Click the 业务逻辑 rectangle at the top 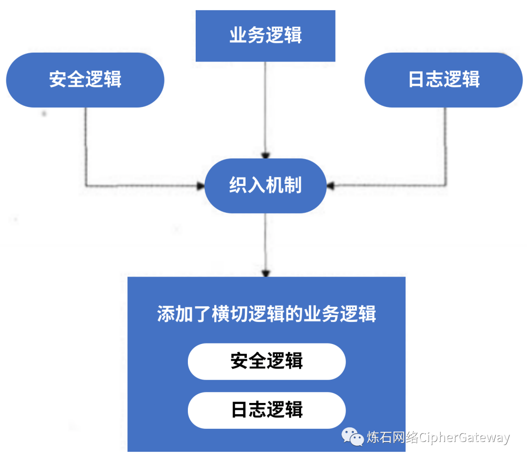[265, 36]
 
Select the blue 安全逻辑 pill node [85, 80]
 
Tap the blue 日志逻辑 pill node [444, 80]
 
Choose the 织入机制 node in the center [265, 186]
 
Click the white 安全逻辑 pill [266, 362]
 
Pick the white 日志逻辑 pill [266, 410]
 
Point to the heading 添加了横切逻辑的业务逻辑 [266, 314]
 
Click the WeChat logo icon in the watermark [352, 436]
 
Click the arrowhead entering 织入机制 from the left [201, 186]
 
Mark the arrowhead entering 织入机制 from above [265, 156]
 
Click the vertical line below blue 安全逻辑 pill [86, 146]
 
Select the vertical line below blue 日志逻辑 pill [446, 146]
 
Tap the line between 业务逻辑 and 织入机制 [265, 107]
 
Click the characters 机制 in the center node [284, 186]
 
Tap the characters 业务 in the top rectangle [247, 36]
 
